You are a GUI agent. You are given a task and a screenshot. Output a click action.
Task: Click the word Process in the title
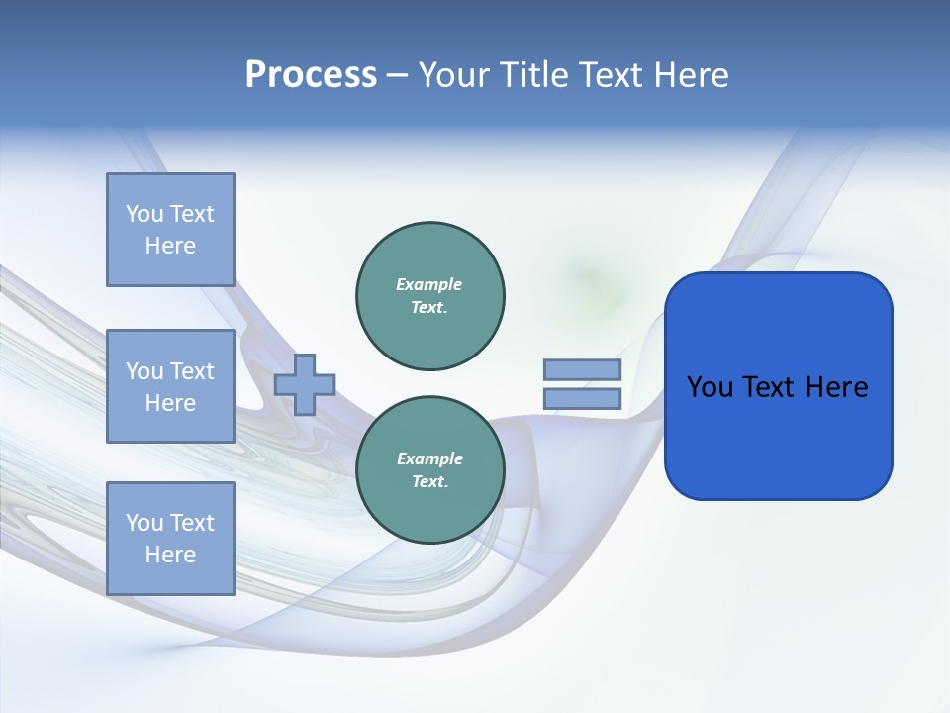(311, 75)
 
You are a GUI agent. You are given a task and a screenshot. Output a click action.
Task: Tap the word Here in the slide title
(691, 75)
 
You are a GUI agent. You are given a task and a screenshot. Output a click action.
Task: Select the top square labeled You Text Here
(170, 230)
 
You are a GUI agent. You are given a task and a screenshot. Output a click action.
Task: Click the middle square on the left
(170, 386)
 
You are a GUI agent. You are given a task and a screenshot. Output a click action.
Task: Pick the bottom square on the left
(170, 539)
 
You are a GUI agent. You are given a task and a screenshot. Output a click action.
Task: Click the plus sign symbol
(305, 385)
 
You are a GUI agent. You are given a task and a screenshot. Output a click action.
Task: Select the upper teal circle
(430, 296)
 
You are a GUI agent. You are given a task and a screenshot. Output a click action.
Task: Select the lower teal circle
(430, 470)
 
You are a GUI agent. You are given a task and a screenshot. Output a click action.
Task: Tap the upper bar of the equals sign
(582, 369)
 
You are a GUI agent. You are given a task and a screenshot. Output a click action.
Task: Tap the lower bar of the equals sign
(582, 399)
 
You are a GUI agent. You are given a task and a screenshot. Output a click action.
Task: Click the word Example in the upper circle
(429, 284)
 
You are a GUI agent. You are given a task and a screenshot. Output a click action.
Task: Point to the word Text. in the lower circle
(430, 482)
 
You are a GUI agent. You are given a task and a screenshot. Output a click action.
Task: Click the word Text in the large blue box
(769, 387)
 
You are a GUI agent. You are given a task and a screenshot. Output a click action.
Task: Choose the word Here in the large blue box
(836, 387)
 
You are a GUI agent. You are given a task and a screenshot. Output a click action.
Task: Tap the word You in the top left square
(143, 214)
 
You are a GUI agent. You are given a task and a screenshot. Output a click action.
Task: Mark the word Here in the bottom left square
(170, 555)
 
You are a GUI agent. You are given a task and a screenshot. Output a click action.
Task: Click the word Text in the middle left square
(192, 371)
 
